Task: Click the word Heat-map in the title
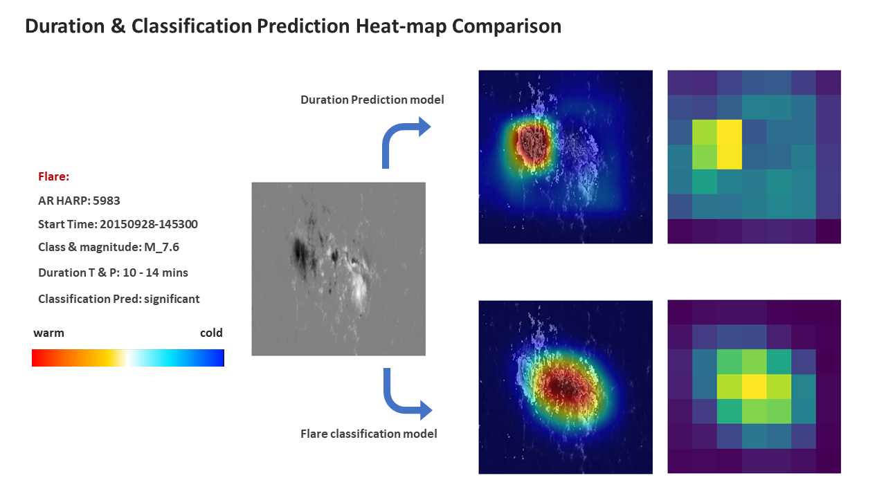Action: click(401, 26)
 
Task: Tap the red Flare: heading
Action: click(54, 176)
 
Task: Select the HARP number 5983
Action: click(107, 201)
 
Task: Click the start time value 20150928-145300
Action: click(149, 225)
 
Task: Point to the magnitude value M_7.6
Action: click(161, 248)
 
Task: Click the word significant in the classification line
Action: click(172, 299)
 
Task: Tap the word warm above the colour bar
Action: click(48, 333)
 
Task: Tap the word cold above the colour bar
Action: click(211, 333)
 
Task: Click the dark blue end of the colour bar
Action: click(220, 358)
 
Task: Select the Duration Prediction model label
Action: click(372, 100)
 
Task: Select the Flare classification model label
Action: click(369, 434)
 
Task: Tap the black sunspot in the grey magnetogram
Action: click(300, 252)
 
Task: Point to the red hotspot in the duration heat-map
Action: click(532, 145)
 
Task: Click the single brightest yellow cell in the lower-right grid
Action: click(754, 386)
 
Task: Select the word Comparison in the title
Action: click(507, 26)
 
